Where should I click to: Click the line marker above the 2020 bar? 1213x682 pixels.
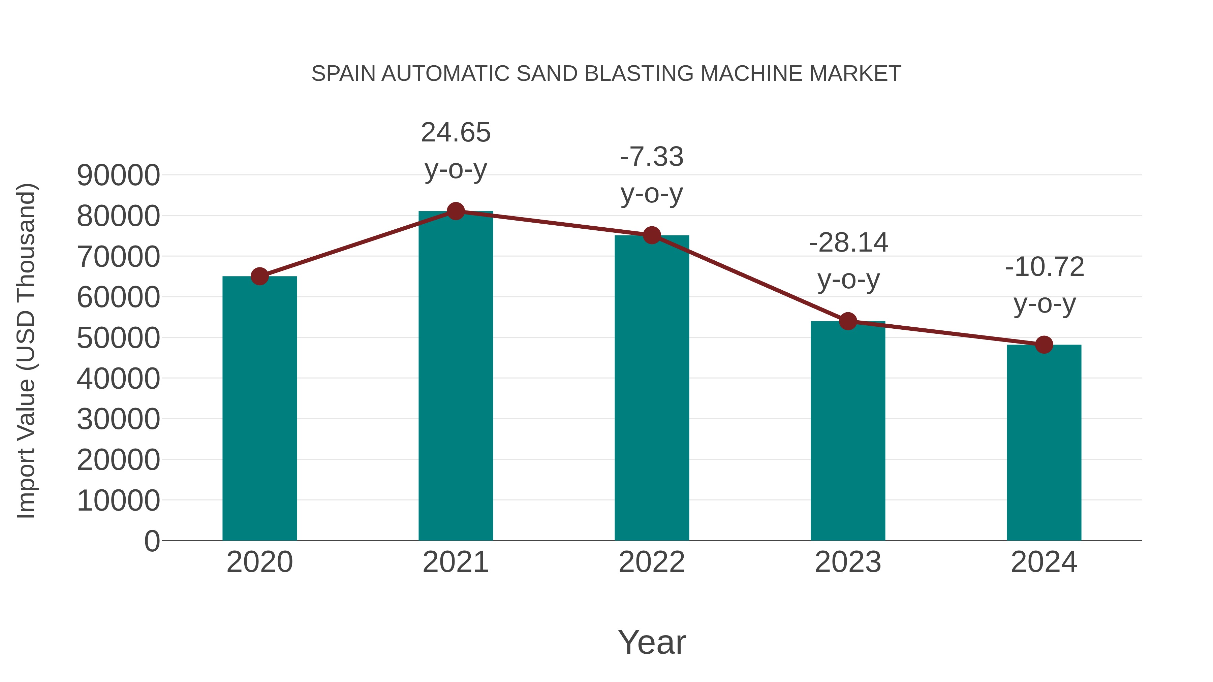tap(259, 276)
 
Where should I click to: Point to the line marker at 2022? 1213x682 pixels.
tap(652, 235)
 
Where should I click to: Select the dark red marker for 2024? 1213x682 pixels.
tap(1044, 345)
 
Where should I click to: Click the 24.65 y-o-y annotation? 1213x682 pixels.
tap(455, 132)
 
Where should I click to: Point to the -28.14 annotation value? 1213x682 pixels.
tap(848, 243)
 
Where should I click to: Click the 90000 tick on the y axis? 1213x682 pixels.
tap(118, 175)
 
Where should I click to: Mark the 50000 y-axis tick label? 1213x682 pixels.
tap(118, 338)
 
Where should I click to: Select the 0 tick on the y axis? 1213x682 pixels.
tap(152, 541)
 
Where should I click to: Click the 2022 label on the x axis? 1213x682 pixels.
tap(652, 562)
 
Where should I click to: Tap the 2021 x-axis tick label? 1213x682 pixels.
tap(455, 562)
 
